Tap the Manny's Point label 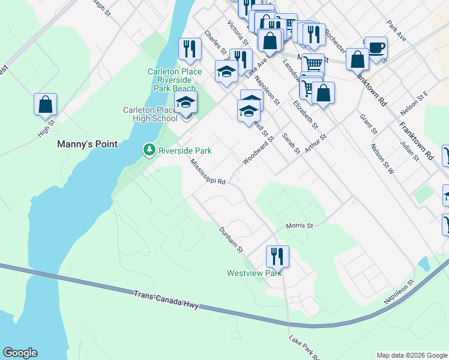click(x=87, y=144)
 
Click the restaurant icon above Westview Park click(x=277, y=256)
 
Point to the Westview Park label click(x=254, y=273)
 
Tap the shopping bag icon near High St click(x=45, y=104)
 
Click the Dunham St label click(x=230, y=239)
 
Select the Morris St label click(x=300, y=226)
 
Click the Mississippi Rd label click(x=208, y=172)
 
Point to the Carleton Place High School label click(x=150, y=114)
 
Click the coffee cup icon click(x=376, y=47)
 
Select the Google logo click(x=20, y=353)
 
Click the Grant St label click(x=369, y=124)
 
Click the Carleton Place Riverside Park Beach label click(x=175, y=79)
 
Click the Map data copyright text click(x=411, y=355)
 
